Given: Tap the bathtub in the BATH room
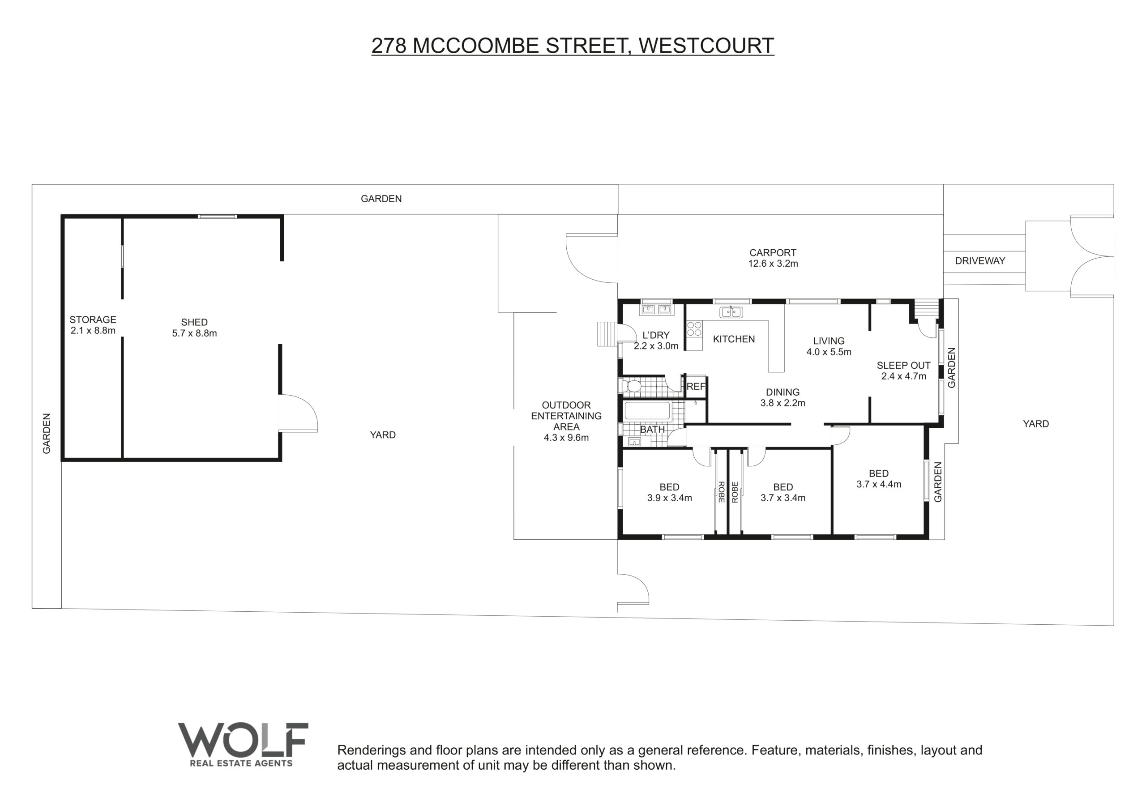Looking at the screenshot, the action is pos(647,411).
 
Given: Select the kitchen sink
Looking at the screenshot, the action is pos(731,312).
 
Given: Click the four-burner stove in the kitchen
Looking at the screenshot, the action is pos(694,328).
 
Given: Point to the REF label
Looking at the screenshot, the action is pos(696,386).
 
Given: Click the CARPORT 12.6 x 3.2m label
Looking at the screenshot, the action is pos(773,258).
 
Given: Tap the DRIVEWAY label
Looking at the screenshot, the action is pos(980,260).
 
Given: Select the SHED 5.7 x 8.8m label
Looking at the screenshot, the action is pos(194,328).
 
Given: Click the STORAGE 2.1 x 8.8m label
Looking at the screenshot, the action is pos(93,325).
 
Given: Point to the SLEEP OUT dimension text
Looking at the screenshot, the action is pos(903,376).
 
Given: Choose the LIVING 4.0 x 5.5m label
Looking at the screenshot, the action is pos(829,346).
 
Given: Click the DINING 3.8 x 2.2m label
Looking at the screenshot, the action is pos(783,397).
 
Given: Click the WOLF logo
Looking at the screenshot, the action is pos(243,744).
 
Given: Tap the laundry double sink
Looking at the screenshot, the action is pos(656,309).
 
